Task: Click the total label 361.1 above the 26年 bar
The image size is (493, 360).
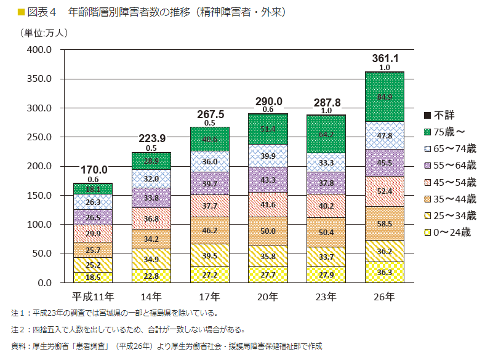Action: click(385, 58)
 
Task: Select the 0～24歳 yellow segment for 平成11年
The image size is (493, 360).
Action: click(93, 278)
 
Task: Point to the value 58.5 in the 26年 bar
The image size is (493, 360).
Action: click(385, 224)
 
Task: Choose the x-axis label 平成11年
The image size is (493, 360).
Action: click(93, 297)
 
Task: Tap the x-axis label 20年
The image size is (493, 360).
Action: click(268, 297)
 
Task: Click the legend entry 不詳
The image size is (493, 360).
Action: click(447, 115)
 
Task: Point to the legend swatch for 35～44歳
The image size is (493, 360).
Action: click(427, 199)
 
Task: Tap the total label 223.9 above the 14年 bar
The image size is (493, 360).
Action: click(151, 138)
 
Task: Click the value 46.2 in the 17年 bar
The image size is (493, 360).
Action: click(210, 231)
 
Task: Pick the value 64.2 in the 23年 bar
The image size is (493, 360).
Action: click(326, 134)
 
